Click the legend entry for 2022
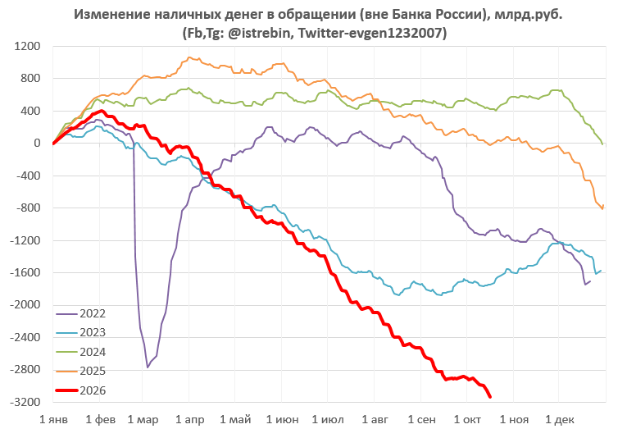(x=81, y=313)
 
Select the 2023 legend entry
(x=81, y=332)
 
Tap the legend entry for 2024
(x=81, y=352)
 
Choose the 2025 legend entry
(x=81, y=372)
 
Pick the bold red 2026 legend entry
(x=81, y=390)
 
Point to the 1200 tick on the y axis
(x=27, y=47)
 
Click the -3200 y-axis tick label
(x=25, y=402)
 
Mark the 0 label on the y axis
(x=37, y=144)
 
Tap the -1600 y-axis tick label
(x=25, y=272)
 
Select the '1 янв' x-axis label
(x=53, y=420)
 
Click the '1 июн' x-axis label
(x=282, y=420)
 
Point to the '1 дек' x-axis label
(x=560, y=420)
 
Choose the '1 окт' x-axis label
(x=467, y=420)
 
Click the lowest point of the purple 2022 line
(x=148, y=367)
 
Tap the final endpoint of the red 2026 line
(x=490, y=397)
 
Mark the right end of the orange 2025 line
(x=603, y=205)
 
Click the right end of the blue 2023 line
(x=601, y=271)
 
